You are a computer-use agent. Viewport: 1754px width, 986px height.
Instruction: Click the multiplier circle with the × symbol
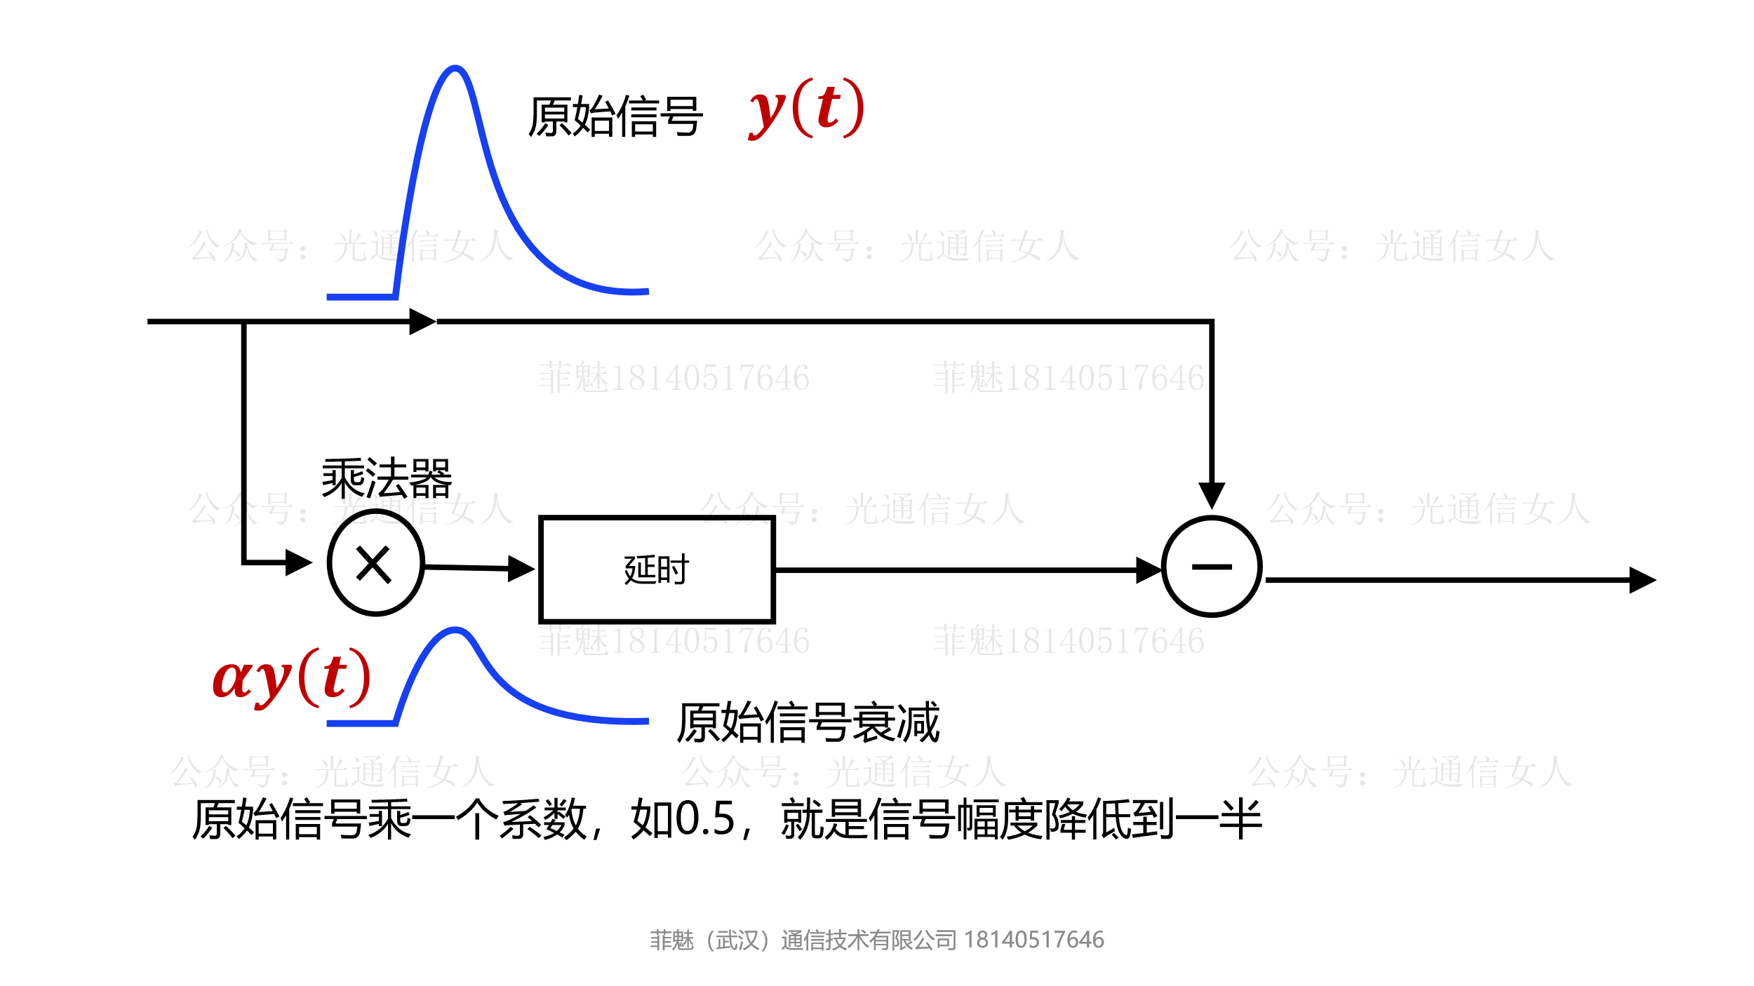375,563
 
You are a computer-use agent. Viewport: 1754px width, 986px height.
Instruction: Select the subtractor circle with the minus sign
1212,567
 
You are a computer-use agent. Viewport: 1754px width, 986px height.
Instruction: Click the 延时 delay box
656,569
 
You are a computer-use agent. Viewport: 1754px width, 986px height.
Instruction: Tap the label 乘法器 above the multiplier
387,478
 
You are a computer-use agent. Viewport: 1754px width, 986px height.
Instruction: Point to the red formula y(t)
807,109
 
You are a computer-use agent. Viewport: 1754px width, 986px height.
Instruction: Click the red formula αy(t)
291,678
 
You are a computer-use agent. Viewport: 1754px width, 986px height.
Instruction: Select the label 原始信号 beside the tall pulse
615,117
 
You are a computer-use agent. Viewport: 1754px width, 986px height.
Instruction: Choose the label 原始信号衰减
808,722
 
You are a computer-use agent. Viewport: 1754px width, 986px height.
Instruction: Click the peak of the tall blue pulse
455,69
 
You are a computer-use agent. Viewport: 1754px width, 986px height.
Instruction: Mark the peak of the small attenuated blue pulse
455,630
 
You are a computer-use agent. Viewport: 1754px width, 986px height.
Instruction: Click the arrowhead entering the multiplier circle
300,562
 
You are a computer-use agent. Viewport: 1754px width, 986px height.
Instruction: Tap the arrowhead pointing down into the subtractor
1212,495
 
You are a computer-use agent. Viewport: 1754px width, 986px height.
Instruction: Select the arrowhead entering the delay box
521,569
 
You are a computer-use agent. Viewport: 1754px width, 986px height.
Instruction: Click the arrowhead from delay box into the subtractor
1149,570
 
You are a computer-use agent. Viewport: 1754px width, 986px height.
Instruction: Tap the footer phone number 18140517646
1033,940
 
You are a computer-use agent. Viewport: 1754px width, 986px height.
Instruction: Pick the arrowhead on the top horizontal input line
422,322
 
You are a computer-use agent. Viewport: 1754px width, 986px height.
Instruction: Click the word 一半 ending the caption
1218,819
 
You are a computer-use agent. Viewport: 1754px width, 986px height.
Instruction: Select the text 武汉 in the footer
737,940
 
